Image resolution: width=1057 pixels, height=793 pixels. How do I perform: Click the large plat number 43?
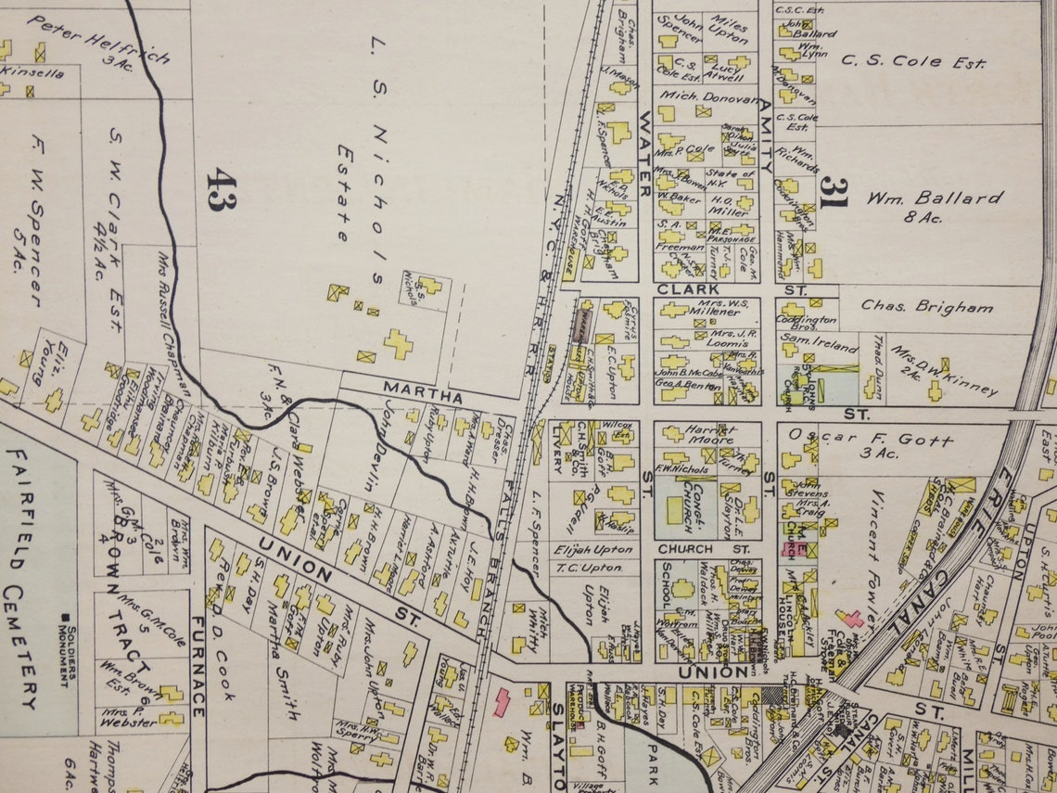221,189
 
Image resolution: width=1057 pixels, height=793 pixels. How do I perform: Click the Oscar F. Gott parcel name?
871,440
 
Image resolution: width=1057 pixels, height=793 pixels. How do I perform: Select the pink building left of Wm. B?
502,701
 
